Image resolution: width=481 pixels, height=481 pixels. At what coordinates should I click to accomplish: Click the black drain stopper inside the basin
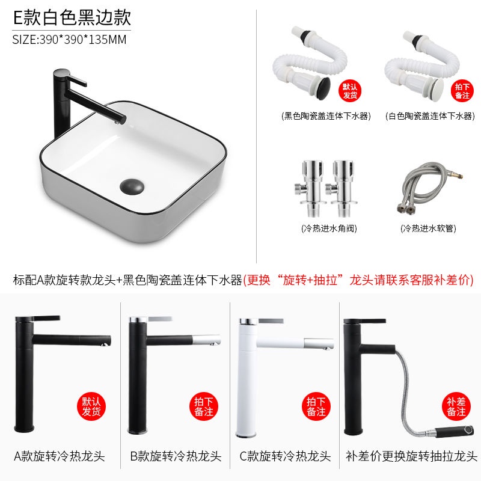coord(132,186)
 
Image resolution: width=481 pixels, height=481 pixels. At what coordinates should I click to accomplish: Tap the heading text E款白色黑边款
coord(72,17)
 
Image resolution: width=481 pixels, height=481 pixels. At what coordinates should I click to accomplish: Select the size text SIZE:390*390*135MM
coord(69,40)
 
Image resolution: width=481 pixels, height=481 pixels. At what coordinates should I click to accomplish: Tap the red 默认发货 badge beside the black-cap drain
coord(350,91)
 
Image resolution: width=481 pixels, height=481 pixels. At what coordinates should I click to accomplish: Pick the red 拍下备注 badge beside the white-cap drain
coord(462,91)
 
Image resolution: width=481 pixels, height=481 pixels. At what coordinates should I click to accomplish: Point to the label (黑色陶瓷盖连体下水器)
coord(326,116)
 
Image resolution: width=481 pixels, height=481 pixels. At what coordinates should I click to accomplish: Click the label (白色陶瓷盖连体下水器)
coord(430,116)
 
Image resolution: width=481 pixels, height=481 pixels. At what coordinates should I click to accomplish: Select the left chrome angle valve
coord(310,188)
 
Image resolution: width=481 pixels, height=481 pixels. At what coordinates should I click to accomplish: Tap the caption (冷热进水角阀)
coord(329,228)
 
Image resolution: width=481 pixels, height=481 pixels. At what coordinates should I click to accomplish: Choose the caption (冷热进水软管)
coord(428,228)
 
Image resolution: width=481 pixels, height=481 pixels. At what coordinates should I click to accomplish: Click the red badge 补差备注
coord(456,406)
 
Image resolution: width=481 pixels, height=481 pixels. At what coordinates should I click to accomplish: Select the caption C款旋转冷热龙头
coord(285,456)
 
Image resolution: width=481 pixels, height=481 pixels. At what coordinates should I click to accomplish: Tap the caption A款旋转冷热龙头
coord(60,456)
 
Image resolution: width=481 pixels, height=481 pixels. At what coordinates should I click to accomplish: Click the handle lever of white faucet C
coord(271,321)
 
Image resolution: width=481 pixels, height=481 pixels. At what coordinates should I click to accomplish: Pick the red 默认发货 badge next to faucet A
coord(91,406)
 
